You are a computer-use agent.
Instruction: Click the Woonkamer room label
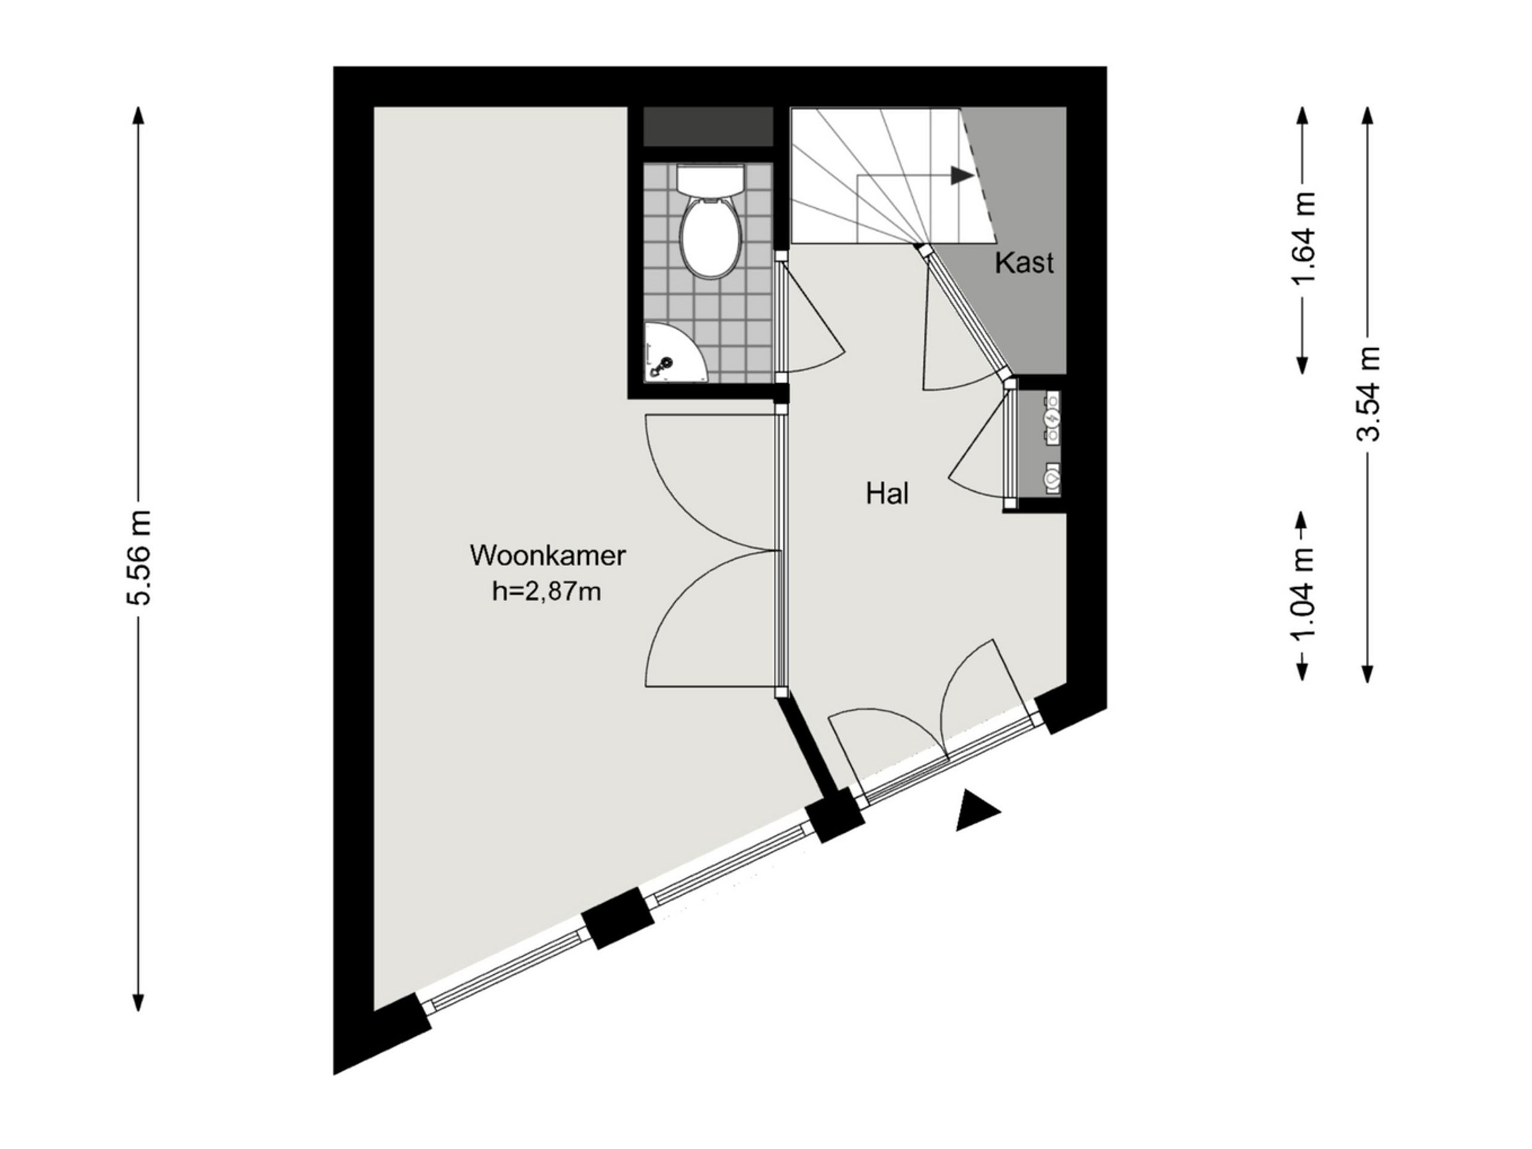coord(547,556)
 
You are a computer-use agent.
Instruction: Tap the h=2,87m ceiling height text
coord(546,592)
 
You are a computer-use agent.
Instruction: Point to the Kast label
coord(1025,263)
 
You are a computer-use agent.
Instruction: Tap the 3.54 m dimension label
coord(1369,393)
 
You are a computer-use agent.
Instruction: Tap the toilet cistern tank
coord(710,180)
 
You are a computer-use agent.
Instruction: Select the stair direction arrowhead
coord(961,175)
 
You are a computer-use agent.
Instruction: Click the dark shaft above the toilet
coord(708,126)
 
